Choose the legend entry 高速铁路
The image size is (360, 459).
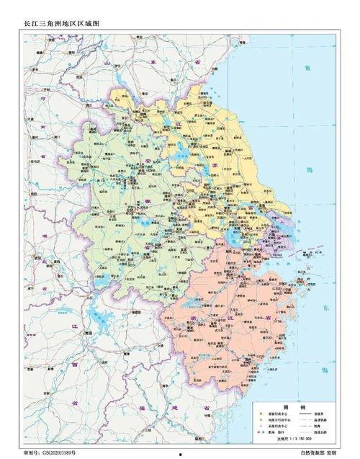318,420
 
